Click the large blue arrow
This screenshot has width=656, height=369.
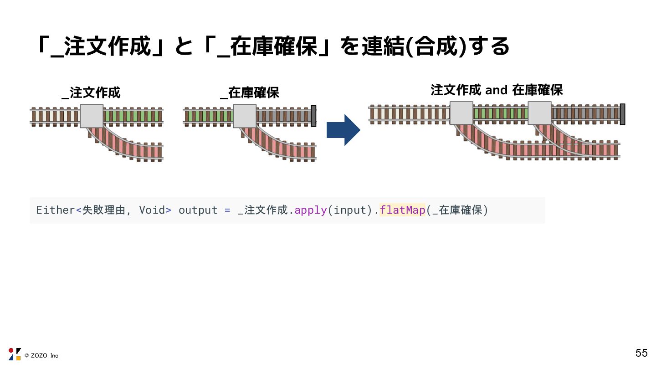click(343, 130)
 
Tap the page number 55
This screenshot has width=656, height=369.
click(641, 353)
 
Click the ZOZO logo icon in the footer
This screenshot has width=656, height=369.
click(15, 354)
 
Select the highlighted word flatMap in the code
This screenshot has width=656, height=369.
click(402, 210)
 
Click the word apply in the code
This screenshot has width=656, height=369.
click(311, 210)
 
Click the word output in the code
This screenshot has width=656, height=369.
click(198, 210)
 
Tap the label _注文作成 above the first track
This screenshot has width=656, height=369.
click(91, 93)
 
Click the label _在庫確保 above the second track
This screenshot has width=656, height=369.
click(249, 93)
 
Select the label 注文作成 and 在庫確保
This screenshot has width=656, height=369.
click(497, 90)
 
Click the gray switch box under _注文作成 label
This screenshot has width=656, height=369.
click(92, 116)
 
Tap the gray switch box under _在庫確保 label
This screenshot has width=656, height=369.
click(245, 116)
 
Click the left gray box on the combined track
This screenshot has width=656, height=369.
click(461, 113)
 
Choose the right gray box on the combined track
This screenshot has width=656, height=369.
click(539, 113)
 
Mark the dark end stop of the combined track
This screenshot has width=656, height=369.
click(622, 114)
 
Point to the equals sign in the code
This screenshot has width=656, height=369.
click(228, 210)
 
